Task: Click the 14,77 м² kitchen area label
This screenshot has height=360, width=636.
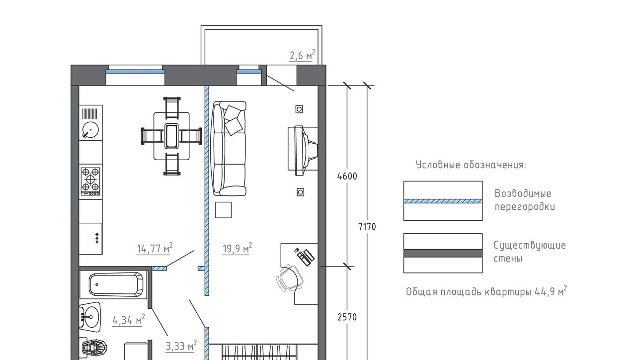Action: click(x=155, y=248)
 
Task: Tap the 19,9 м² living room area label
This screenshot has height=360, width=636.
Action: click(x=238, y=248)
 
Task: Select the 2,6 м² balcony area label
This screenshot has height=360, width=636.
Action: click(x=303, y=55)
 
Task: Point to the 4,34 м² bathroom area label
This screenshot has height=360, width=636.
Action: click(x=129, y=320)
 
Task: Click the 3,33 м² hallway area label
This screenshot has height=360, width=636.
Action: click(x=181, y=346)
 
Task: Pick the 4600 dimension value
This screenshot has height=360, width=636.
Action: click(x=347, y=177)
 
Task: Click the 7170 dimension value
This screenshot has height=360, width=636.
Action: click(x=367, y=227)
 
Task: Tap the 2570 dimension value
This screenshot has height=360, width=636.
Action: click(x=347, y=317)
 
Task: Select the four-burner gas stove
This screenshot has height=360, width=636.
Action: click(x=90, y=181)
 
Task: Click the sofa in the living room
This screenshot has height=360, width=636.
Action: click(x=230, y=148)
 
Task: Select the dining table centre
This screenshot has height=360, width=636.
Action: click(x=171, y=136)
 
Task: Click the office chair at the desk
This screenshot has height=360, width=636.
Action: click(x=289, y=278)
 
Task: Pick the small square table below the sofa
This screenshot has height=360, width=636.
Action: click(x=223, y=210)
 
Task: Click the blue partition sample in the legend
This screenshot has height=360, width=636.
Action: click(x=443, y=201)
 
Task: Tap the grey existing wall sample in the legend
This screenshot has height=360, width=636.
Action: click(x=443, y=253)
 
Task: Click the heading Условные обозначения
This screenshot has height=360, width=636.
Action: click(x=471, y=165)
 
